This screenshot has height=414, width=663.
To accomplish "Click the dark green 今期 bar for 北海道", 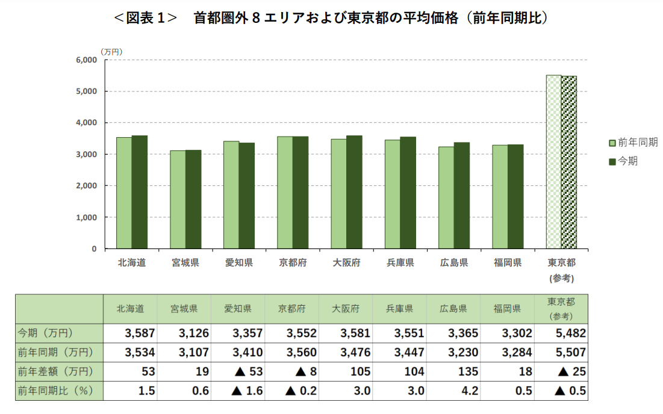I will [140, 192].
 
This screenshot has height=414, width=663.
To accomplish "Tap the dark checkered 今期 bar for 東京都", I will [569, 162].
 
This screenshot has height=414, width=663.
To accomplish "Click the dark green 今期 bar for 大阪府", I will [354, 192].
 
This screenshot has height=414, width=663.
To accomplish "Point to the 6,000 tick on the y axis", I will [87, 60].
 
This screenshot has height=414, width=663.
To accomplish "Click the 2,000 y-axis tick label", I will [87, 186].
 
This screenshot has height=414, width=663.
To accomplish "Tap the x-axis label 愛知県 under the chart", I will [238, 263].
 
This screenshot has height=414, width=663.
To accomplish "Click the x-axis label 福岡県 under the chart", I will [507, 263].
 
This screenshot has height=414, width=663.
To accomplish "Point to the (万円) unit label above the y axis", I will [111, 52].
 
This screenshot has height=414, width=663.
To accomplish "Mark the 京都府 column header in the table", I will [292, 309].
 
